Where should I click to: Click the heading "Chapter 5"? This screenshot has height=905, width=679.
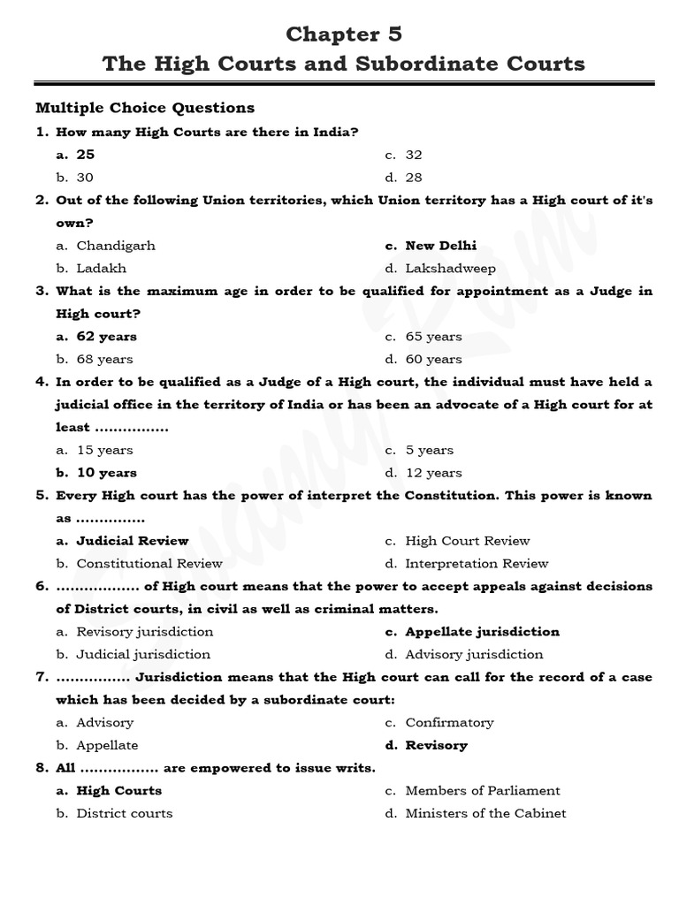coord(344,34)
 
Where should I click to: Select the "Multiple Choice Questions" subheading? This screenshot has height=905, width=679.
coord(145,108)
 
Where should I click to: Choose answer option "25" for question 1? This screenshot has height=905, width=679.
coord(86,155)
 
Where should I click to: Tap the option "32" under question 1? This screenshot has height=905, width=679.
coord(414,155)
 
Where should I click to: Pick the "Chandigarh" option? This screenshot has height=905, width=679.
coord(116,246)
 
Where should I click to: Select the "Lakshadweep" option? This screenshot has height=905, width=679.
coord(451,269)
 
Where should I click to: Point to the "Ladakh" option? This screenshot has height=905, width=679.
coord(102,269)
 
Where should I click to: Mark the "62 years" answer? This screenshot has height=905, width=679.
coord(107,337)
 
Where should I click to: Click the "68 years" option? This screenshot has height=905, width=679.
coord(105,360)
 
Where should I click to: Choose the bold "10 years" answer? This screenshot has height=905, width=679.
coord(107,473)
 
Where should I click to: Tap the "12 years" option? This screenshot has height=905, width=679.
coord(434,473)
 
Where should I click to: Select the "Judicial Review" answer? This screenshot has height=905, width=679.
coord(133,541)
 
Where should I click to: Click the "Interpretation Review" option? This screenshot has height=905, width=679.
coord(477,564)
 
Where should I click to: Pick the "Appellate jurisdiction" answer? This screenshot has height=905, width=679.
coord(482,632)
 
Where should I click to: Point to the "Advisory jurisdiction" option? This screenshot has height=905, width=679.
coord(474,655)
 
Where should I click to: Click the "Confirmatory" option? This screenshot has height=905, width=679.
coord(449,723)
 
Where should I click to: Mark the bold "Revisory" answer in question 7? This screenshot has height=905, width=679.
coord(436,746)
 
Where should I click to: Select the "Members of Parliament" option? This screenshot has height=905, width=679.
coord(483,791)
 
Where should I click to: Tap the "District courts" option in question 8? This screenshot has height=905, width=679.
coord(125,814)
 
